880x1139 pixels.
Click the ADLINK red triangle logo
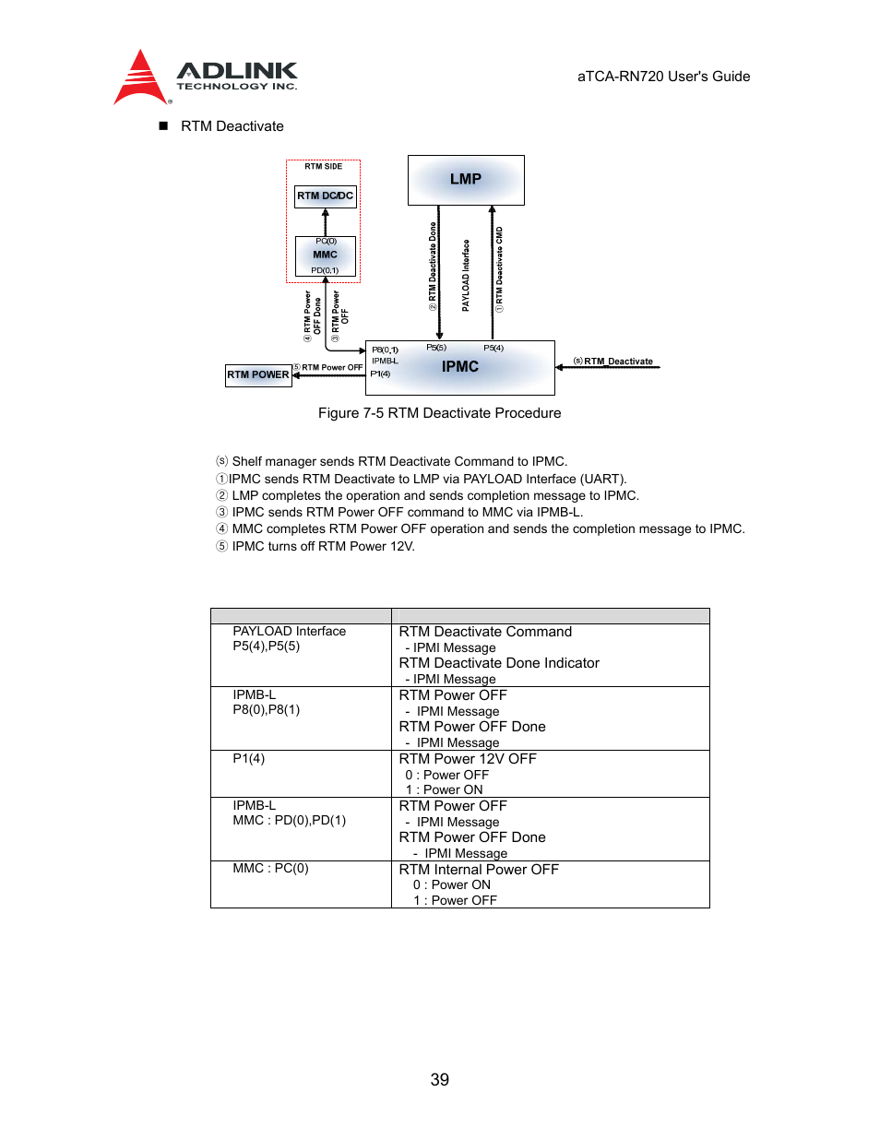point(139,78)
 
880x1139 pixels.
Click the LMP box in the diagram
point(466,180)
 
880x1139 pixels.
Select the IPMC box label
point(459,367)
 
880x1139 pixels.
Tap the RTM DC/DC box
point(325,196)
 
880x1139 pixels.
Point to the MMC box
point(325,255)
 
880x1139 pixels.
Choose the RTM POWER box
point(258,375)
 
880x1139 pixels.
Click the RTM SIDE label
point(323,167)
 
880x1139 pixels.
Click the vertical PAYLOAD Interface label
point(466,275)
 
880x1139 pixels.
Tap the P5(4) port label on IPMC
point(494,349)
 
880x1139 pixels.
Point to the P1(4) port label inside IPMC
point(380,374)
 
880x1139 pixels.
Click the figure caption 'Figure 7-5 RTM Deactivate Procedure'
point(439,413)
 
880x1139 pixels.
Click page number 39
point(440,1080)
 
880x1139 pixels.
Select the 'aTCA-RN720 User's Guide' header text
point(663,77)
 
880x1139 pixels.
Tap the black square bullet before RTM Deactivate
point(163,125)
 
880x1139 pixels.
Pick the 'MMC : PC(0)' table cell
point(270,869)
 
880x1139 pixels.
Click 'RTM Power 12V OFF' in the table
point(468,759)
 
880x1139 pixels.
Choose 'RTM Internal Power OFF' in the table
point(479,870)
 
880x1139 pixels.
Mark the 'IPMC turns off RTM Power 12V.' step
point(323,546)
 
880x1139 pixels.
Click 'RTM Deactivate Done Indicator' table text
point(499,663)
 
